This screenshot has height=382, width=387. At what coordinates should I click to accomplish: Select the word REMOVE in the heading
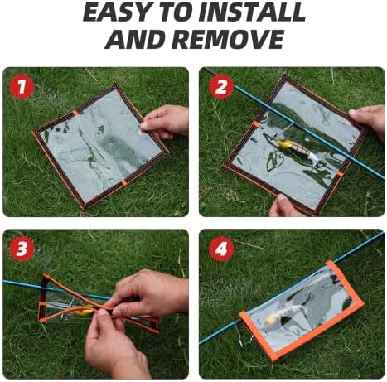click(229, 39)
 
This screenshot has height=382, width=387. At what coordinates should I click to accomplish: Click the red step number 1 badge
click(22, 87)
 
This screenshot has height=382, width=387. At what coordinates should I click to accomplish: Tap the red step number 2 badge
click(221, 87)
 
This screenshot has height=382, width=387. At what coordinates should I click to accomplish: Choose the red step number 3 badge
click(22, 249)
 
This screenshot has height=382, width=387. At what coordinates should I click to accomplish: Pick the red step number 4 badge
click(221, 249)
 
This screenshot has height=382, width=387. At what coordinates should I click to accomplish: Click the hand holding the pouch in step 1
click(165, 122)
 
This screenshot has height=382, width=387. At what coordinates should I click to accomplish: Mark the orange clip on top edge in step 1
click(75, 113)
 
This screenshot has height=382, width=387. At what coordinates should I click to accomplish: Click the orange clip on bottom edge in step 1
click(123, 182)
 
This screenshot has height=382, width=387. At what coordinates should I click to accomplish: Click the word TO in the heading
click(165, 13)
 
